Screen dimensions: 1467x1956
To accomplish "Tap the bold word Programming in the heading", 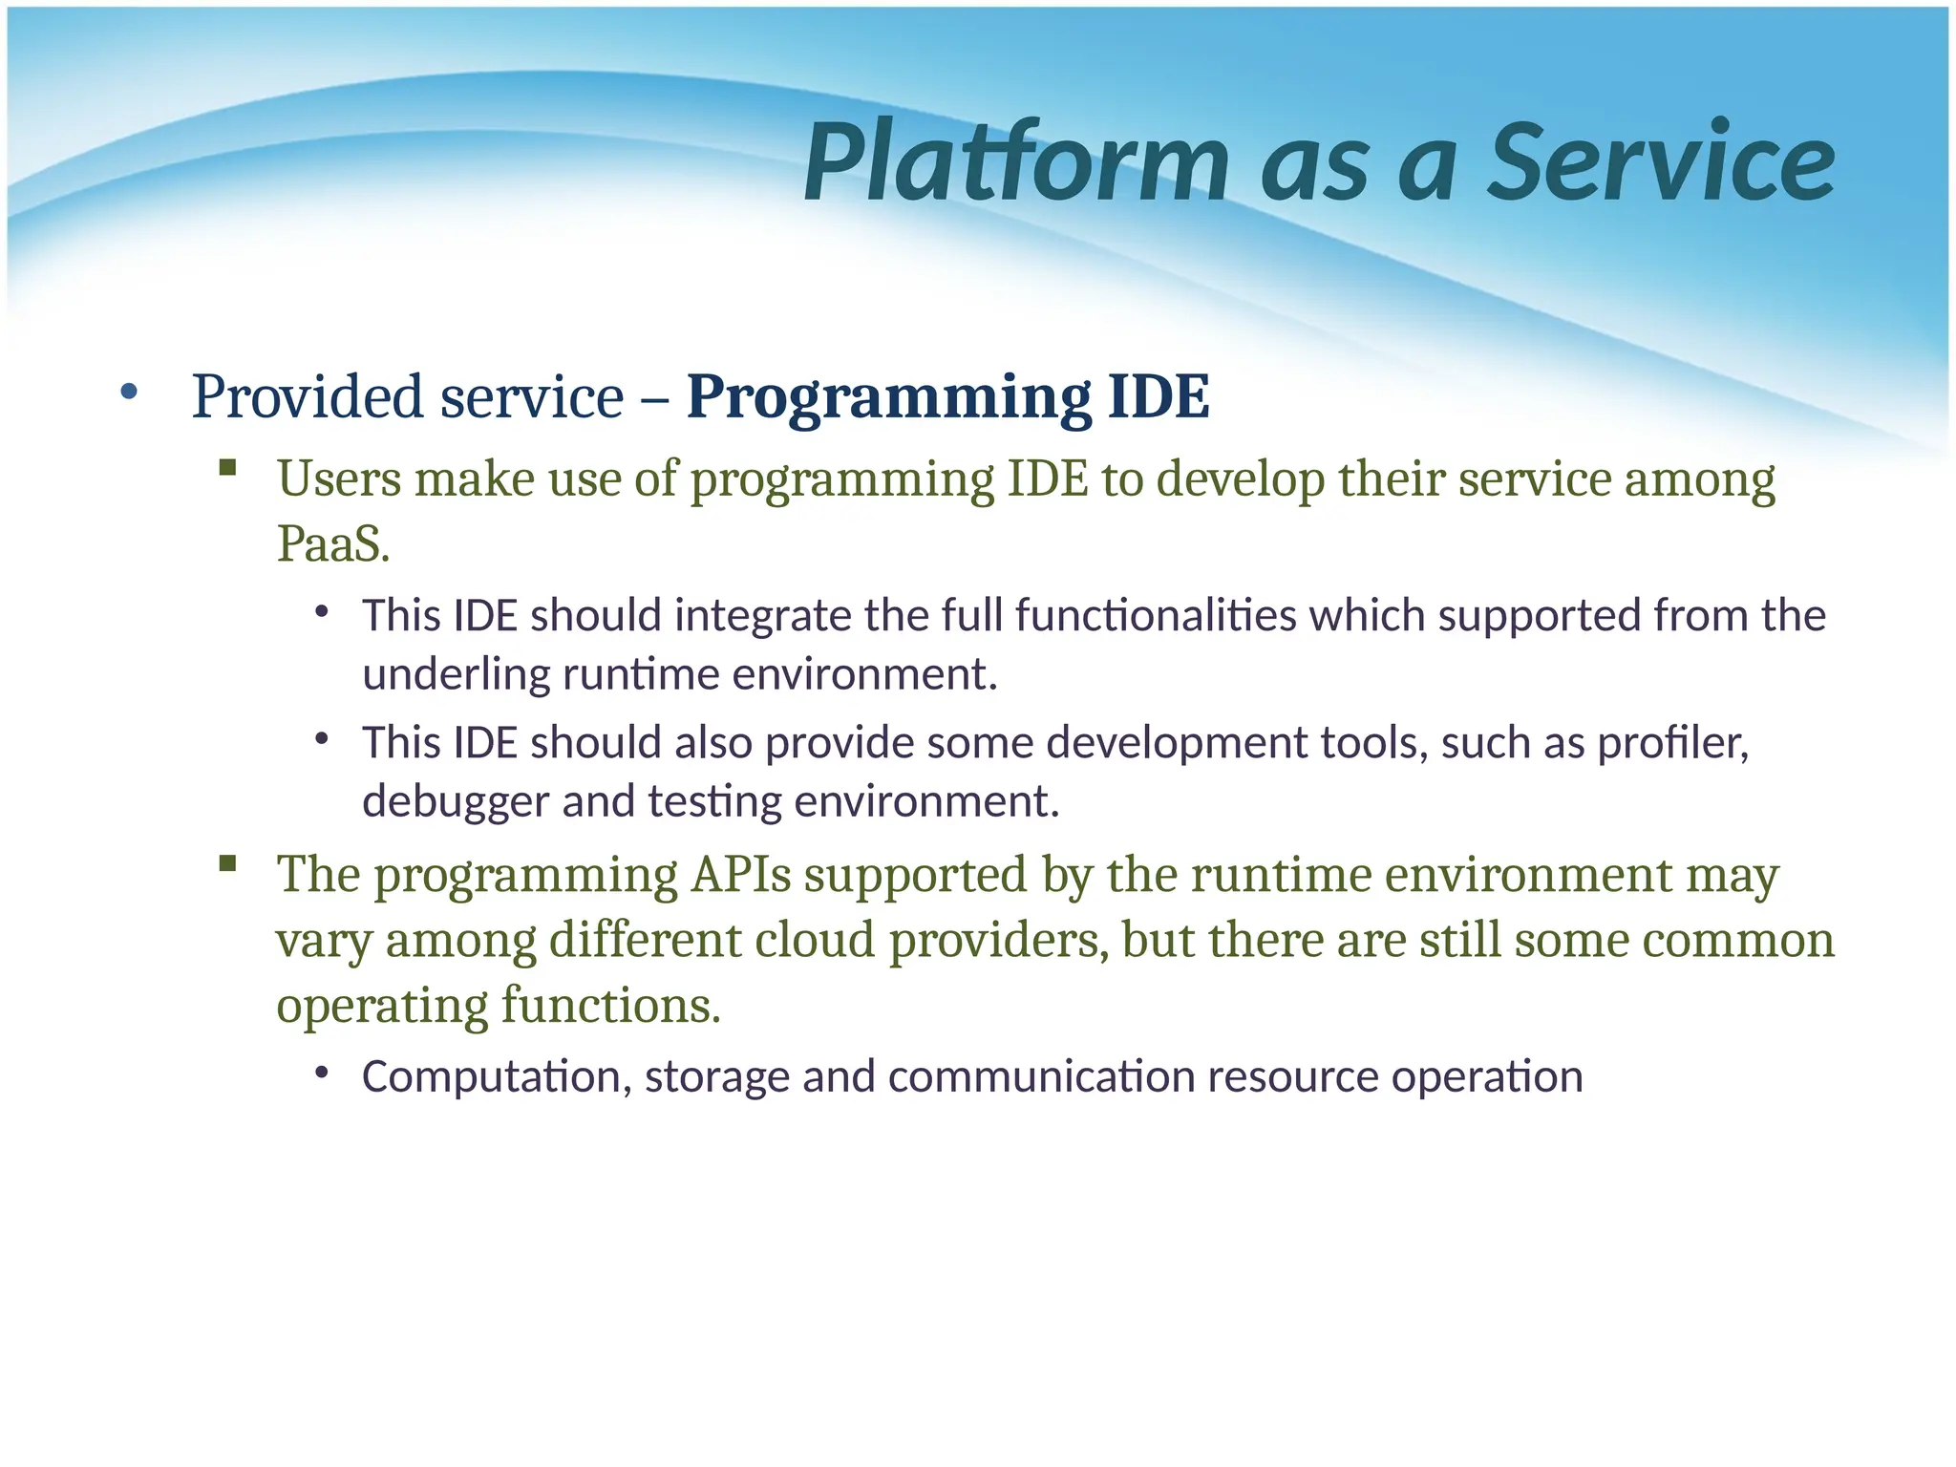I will (x=888, y=397).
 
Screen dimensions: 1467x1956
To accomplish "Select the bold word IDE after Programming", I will (x=1158, y=397).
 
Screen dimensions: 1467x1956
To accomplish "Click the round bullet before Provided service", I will (x=129, y=392).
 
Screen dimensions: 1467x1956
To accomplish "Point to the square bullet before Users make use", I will (x=227, y=467).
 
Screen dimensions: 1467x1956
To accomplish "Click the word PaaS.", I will (x=332, y=545).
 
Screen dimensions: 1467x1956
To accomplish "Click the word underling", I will (x=456, y=675).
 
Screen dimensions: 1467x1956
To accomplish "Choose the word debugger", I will (x=456, y=801).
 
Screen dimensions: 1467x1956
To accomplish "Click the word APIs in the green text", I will (x=740, y=875).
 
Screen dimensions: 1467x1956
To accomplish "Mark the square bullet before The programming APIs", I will (x=227, y=864).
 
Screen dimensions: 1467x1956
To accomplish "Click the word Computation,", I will (x=497, y=1077).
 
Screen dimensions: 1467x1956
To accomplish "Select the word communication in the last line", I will (x=1041, y=1077).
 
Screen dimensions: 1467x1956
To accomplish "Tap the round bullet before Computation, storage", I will (x=322, y=1073).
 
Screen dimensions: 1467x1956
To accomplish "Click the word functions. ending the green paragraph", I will (x=610, y=1006).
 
